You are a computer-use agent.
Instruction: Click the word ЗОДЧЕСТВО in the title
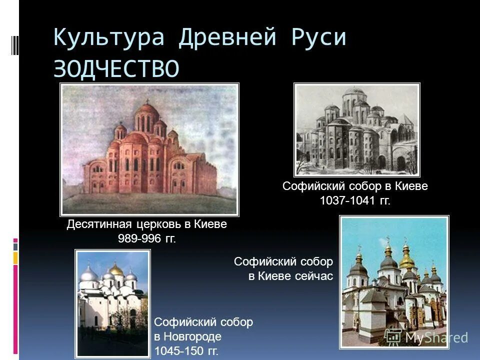coord(116,68)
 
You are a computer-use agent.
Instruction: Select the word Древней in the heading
coord(228,38)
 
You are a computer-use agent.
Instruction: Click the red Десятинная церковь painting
coord(149,149)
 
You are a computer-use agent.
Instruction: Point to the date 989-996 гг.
coord(146,238)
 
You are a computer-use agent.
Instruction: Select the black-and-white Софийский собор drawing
coord(357,130)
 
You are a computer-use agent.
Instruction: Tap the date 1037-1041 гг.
coord(355,200)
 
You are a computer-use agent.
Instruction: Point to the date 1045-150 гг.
coord(186,351)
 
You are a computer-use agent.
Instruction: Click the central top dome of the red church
coord(146,110)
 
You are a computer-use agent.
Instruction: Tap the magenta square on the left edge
coord(15,240)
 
